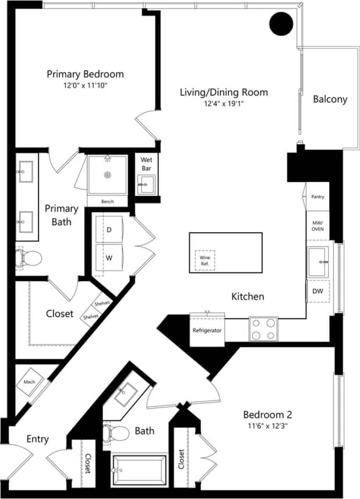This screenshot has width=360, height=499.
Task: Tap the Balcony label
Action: pos(330,99)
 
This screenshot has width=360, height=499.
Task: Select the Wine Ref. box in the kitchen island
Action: pos(204,260)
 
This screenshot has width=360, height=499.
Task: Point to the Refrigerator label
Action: pos(207,331)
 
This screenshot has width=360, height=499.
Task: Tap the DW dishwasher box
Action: pos(317,290)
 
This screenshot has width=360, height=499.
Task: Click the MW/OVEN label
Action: pos(317,226)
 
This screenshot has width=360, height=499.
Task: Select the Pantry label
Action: pos(317,197)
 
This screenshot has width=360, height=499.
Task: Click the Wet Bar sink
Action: pos(144,185)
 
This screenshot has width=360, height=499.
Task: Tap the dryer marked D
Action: pos(108,230)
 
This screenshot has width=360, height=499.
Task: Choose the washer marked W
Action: pos(108,257)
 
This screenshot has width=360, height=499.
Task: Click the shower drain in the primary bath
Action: pos(107,174)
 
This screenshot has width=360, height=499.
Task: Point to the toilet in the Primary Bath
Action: pos(29,257)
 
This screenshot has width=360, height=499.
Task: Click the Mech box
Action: pos(30,382)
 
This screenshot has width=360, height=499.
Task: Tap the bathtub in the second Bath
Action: pos(138,470)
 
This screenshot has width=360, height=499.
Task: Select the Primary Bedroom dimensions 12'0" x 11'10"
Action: pos(85,85)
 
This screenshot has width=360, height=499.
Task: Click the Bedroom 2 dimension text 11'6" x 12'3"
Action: pos(267,426)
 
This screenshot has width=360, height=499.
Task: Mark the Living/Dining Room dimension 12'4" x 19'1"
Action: pos(224,103)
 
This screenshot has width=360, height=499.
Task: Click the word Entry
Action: pos(38,439)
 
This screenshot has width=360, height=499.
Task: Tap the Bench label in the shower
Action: pos(107,202)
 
